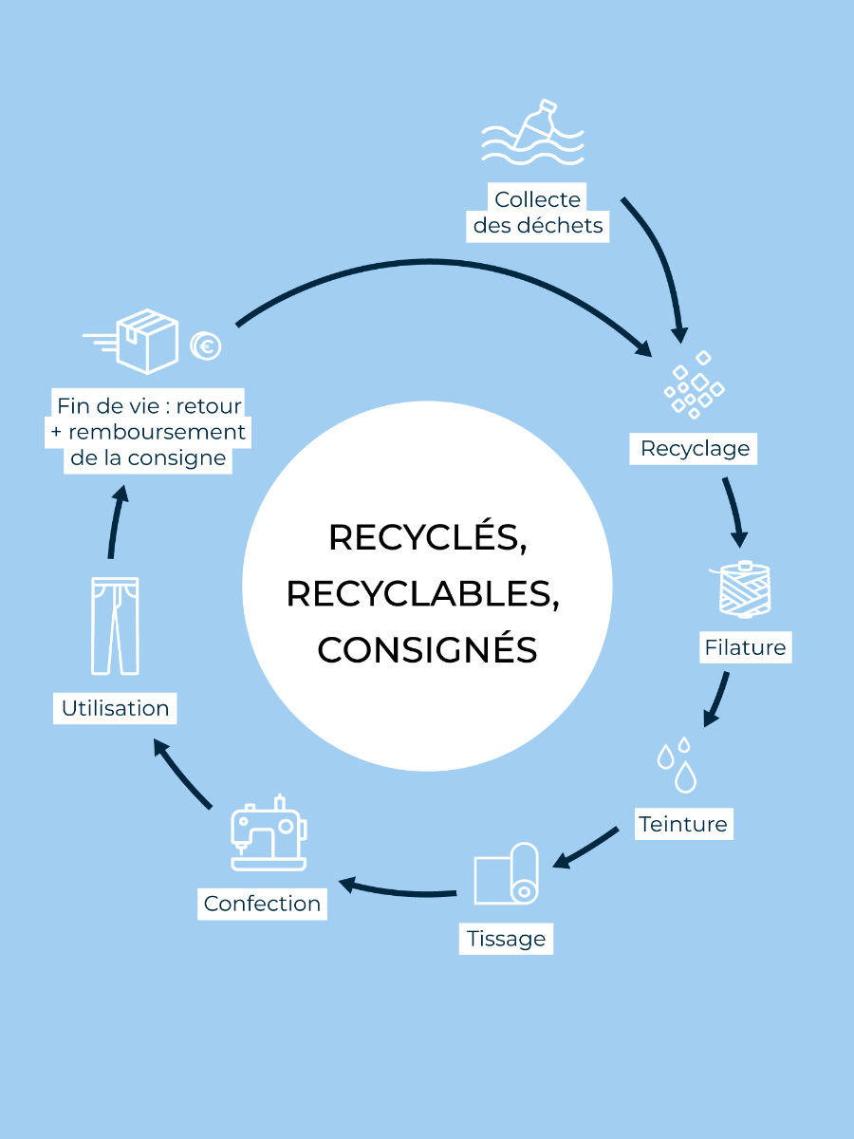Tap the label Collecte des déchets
point(538,213)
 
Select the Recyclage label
point(695,448)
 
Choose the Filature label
point(746,647)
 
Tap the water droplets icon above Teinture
point(678,764)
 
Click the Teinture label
point(683,823)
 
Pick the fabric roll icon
point(507,872)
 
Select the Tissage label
point(507,939)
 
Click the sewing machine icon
point(269,833)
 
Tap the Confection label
point(263,903)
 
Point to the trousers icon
point(115,626)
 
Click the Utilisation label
point(115,708)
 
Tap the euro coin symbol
point(205,346)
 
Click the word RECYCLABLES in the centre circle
point(422,593)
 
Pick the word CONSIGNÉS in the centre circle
point(427,650)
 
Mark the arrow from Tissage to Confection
point(399,890)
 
